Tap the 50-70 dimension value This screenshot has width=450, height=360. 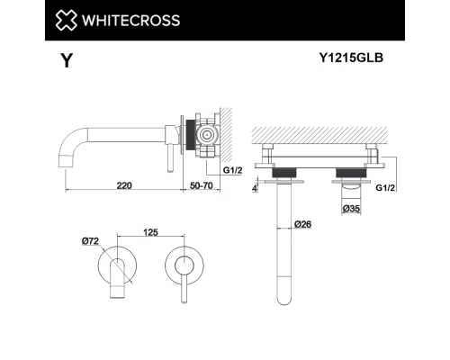click(203, 184)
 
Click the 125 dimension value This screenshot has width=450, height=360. click(150, 232)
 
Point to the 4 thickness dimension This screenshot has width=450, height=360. click(256, 188)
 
